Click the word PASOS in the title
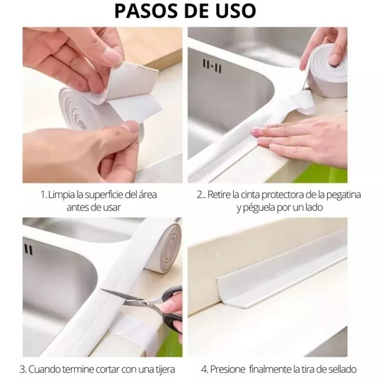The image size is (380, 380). point(145,12)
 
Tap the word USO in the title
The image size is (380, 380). point(235,12)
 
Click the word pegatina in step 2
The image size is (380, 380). point(342,194)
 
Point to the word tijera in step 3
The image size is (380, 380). point(160,369)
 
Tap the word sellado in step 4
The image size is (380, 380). point(340,369)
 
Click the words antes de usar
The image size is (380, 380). point(93,207)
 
